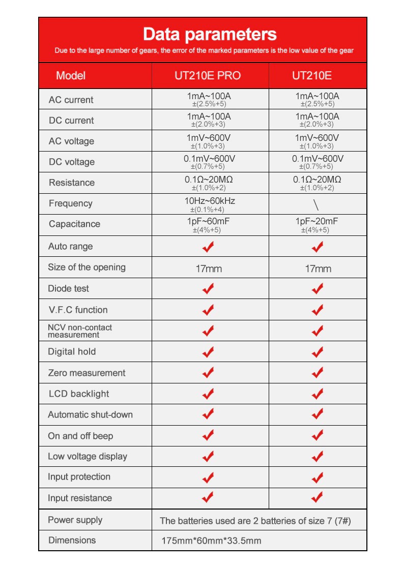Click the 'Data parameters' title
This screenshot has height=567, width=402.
[210, 35]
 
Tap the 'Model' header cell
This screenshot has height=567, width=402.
[71, 76]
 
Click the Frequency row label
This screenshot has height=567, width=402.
[71, 203]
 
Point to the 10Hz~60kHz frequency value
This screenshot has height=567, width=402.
[209, 201]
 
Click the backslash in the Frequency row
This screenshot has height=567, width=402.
[317, 204]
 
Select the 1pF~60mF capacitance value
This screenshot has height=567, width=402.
[209, 221]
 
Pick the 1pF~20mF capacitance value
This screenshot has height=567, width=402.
[317, 221]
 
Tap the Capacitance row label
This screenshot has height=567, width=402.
[74, 224]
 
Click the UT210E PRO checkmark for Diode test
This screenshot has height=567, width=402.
[208, 288]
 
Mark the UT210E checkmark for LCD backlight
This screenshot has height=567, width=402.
[318, 394]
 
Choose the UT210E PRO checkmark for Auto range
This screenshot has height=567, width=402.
[208, 247]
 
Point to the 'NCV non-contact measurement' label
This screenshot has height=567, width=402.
[80, 331]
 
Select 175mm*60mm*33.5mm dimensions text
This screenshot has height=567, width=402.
[211, 541]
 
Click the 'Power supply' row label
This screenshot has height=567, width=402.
[75, 520]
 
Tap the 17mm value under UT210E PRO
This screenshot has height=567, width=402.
[209, 268]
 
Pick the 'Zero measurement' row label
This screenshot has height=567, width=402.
[87, 373]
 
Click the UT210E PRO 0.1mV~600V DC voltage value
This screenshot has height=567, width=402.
[209, 159]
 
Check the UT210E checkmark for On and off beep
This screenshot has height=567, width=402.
[318, 435]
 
